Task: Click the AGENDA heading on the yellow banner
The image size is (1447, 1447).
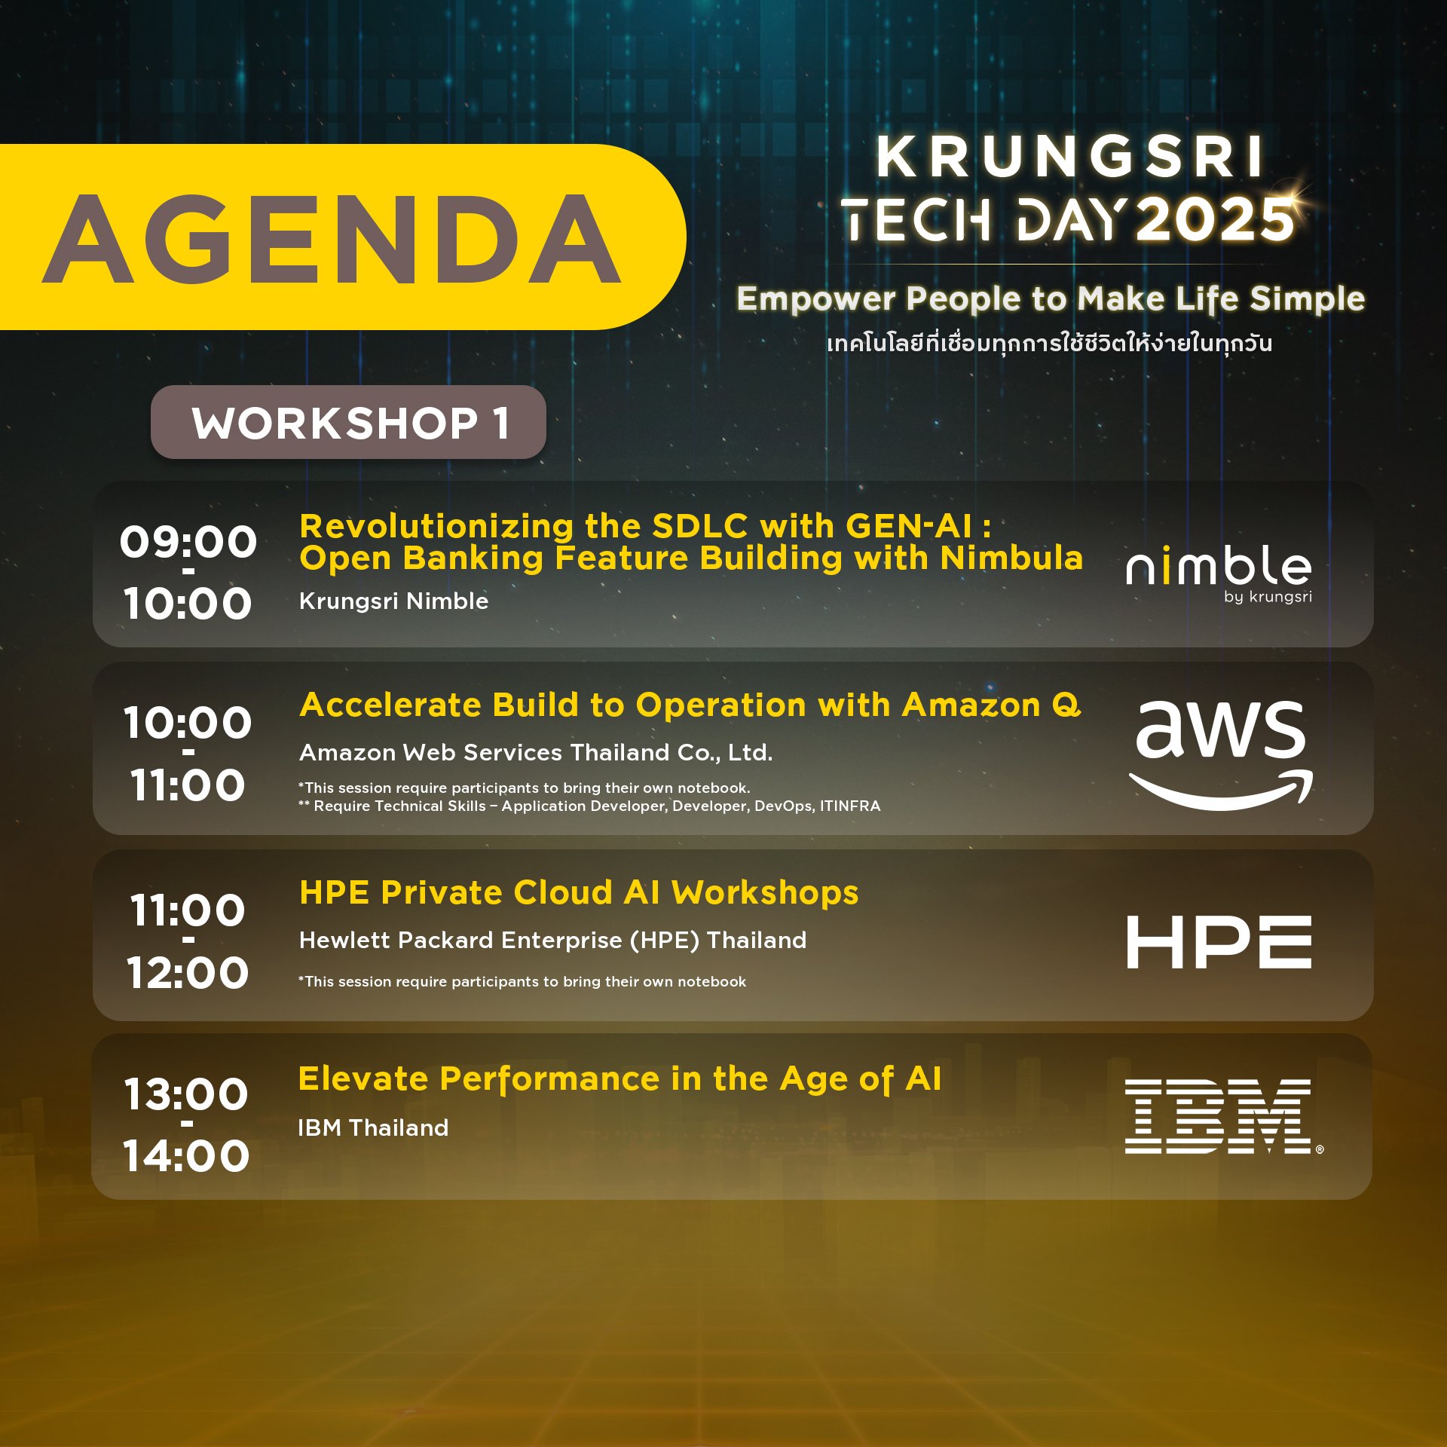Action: click(x=332, y=238)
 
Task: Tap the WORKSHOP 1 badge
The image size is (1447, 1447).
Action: click(x=348, y=422)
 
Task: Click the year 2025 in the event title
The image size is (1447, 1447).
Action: click(x=1215, y=221)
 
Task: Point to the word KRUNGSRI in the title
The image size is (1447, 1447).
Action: click(x=1069, y=158)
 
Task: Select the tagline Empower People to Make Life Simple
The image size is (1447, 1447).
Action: click(x=1051, y=299)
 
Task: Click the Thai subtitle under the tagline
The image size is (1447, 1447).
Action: click(x=1049, y=343)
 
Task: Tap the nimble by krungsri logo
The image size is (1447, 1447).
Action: click(x=1219, y=573)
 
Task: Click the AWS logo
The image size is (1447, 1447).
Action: click(x=1221, y=754)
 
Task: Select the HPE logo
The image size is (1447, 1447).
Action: click(x=1219, y=942)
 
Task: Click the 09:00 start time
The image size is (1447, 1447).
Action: click(x=188, y=542)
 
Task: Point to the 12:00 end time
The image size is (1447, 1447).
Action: click(x=188, y=972)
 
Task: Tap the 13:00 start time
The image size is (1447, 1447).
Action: click(x=186, y=1094)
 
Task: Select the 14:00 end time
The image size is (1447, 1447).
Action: click(x=186, y=1155)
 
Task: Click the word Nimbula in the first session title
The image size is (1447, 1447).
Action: click(x=1011, y=558)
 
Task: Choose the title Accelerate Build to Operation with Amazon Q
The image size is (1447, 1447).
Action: click(x=690, y=705)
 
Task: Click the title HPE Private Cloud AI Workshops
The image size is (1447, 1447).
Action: click(x=579, y=893)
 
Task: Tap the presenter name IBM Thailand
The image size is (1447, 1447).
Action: click(x=373, y=1127)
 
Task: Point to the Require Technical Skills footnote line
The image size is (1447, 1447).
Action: click(x=589, y=806)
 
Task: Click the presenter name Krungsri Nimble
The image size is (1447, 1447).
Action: click(x=393, y=601)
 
